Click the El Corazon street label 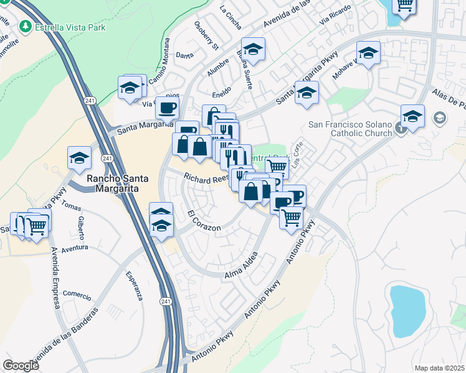[204, 221]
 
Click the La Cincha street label [231, 11]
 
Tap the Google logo [21, 366]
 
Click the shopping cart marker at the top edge [404, 6]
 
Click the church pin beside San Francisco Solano [400, 127]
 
